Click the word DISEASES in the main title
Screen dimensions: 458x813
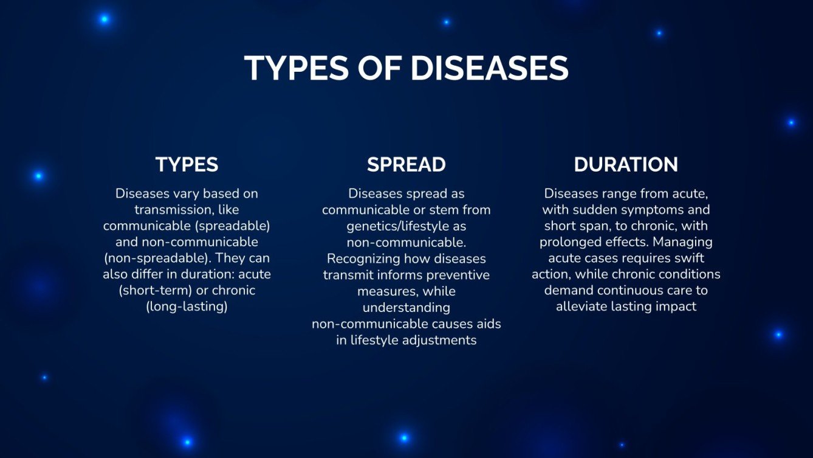point(489,68)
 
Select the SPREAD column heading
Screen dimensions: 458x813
point(406,164)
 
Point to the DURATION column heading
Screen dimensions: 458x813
point(626,164)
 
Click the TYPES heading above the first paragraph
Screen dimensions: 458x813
point(187,164)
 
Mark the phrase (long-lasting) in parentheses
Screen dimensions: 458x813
point(187,307)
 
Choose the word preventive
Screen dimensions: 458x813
point(458,275)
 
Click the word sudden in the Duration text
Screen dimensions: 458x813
point(589,210)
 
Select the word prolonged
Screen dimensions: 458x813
point(568,242)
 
